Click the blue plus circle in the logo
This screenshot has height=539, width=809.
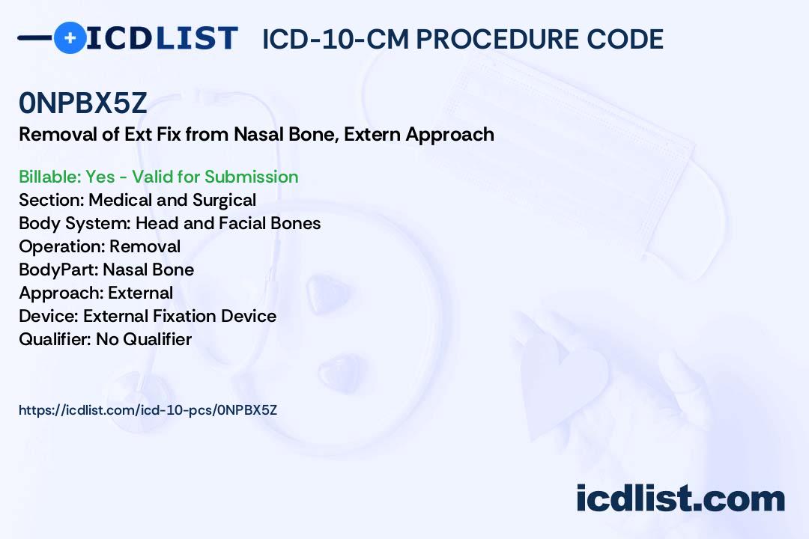click(x=70, y=37)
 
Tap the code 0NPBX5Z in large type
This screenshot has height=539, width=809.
click(x=83, y=103)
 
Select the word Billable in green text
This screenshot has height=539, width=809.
click(x=49, y=177)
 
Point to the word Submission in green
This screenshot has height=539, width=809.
click(x=251, y=177)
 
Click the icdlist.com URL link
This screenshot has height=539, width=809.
click(x=148, y=410)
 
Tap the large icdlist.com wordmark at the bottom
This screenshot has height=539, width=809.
click(x=680, y=498)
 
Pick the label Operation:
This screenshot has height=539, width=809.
click(x=62, y=246)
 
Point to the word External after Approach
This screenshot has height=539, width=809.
click(x=140, y=293)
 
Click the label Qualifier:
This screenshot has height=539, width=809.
click(x=55, y=339)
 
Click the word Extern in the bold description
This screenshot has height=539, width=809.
click(x=372, y=134)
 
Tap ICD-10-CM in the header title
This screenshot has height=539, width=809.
click(x=335, y=39)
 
